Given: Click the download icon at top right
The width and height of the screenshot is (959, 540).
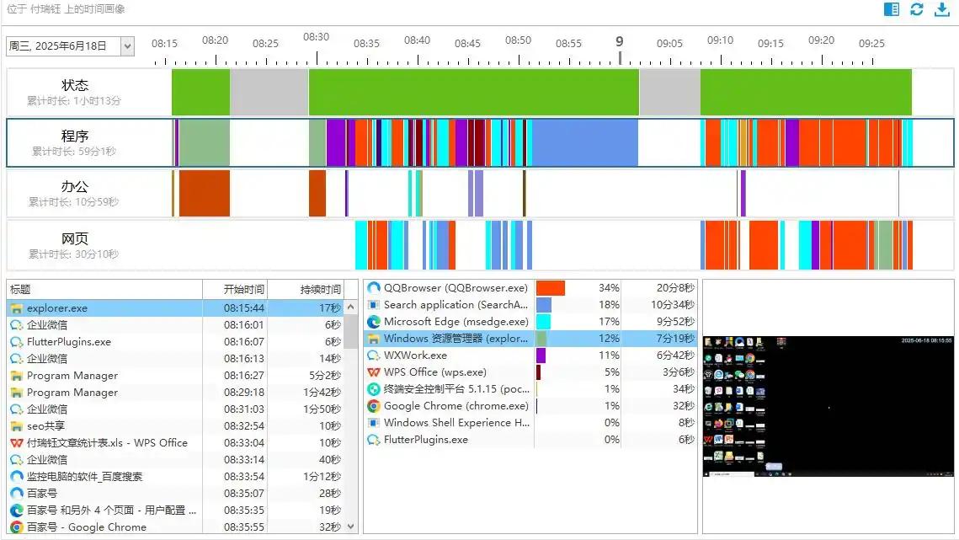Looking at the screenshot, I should click(942, 9).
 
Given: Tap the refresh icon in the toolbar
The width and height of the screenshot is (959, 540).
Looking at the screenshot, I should click(917, 9).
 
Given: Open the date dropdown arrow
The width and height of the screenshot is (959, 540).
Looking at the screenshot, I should click(127, 46).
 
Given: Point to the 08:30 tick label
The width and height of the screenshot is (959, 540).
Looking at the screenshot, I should click(316, 38).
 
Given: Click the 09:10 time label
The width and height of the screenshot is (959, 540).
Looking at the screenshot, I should click(720, 40).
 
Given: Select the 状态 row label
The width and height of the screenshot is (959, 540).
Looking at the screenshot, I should click(74, 86).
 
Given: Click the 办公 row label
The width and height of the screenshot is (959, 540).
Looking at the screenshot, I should click(74, 187).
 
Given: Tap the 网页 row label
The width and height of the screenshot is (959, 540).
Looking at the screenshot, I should click(74, 238).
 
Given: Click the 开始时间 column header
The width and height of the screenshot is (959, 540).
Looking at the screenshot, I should click(244, 290).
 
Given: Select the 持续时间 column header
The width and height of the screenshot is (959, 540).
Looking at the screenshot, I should click(321, 290).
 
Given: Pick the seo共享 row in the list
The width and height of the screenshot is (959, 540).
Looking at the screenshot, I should click(45, 426).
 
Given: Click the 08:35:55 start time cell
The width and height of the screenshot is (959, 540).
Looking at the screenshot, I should click(244, 527).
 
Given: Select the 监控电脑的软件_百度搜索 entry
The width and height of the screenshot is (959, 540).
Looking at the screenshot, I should click(84, 477).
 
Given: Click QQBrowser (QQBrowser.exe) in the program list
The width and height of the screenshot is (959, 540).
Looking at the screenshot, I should click(456, 288).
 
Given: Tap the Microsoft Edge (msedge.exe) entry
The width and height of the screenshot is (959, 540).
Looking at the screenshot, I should click(456, 322).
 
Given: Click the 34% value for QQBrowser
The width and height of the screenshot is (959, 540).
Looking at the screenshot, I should click(608, 288).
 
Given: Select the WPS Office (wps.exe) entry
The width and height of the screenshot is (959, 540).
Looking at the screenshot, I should click(434, 372).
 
